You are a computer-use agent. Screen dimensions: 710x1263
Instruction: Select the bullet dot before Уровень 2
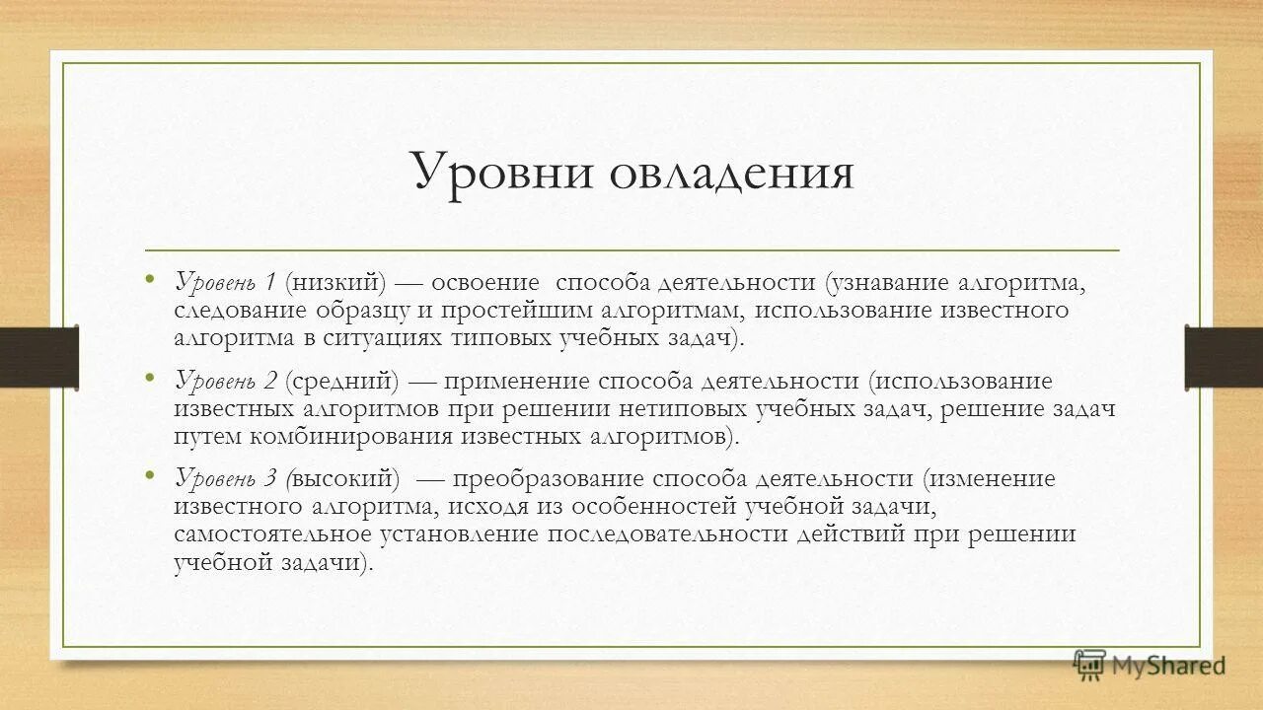(x=150, y=376)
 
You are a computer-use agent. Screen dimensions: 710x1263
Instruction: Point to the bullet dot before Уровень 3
(x=150, y=474)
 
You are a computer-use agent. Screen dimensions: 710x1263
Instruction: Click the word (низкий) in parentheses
(x=336, y=283)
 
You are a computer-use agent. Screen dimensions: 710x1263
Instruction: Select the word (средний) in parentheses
(x=342, y=382)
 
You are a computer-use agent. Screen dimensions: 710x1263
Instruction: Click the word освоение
(x=486, y=283)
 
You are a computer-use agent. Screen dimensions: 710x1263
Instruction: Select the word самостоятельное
(x=272, y=534)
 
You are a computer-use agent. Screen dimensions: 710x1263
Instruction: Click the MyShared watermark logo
(x=1150, y=666)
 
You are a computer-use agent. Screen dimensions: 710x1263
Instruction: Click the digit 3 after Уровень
(x=270, y=480)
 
